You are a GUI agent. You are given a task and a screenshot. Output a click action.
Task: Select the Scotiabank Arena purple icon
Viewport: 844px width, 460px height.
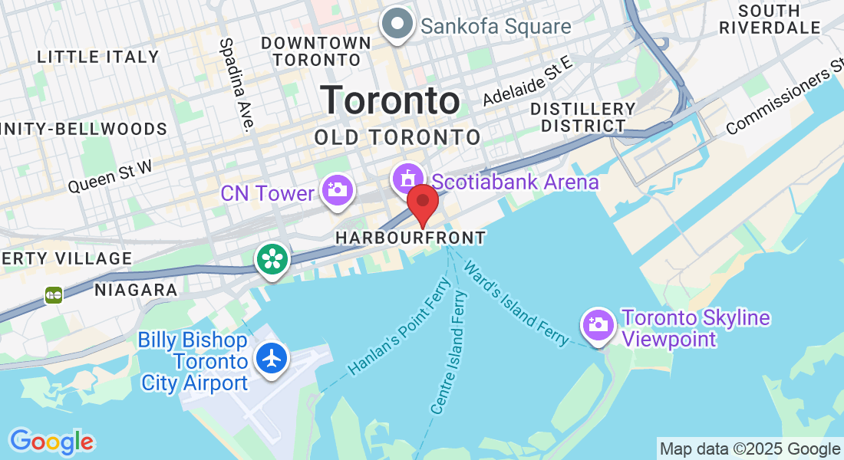pos(407,179)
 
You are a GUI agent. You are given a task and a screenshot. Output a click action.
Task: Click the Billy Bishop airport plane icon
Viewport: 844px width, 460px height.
pos(272,358)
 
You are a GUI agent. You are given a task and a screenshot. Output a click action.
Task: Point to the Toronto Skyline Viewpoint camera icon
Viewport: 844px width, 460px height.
pos(598,324)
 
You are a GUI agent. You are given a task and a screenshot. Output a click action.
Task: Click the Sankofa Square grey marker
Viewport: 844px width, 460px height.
pos(397,25)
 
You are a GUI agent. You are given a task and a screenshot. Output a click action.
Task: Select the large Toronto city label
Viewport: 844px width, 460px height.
pos(391,100)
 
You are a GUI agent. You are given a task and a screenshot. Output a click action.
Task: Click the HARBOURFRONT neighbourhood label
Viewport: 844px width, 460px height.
pos(410,238)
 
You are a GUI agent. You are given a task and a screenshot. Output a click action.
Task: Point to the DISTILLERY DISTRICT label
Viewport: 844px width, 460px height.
pos(583,117)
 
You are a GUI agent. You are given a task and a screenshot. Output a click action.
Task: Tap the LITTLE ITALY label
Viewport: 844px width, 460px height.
pos(98,57)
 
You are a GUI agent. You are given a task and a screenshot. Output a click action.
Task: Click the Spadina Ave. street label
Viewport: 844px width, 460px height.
pos(237,85)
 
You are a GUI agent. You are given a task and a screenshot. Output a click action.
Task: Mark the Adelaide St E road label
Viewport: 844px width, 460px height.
pos(528,82)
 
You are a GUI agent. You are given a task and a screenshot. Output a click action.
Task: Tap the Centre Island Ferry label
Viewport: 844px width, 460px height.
pos(448,353)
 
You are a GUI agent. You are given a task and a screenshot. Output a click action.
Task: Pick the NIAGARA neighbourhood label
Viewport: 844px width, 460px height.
pos(136,290)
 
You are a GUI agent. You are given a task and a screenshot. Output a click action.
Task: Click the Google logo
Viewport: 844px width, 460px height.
pos(51,441)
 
